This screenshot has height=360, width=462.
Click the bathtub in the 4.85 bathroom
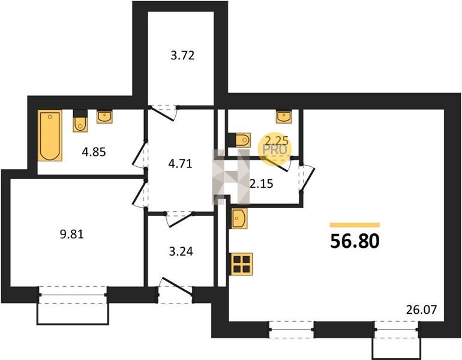pos(50,136)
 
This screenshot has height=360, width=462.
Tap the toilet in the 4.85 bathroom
pos(80,121)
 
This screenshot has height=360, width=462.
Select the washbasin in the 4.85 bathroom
pos(104,116)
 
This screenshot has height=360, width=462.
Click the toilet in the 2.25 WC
pos(239,140)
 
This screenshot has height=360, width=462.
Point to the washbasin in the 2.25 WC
pos(283,116)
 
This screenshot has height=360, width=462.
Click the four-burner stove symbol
pos(242,264)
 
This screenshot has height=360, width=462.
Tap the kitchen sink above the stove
pos(239,218)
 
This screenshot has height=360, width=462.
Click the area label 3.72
pos(182,55)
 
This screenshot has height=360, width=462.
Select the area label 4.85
pos(94,152)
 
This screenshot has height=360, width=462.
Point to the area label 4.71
pos(180,164)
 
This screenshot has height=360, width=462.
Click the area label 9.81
pos(72,234)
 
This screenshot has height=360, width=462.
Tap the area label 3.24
pos(181,251)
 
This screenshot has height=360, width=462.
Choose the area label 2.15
pos(262,184)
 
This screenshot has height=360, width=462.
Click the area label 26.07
pos(421,310)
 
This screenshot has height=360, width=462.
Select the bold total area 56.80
pos(355,241)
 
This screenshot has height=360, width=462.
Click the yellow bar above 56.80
pos(355,225)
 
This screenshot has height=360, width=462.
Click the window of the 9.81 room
pos(73,295)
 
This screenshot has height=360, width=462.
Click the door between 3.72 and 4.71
pos(164,113)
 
